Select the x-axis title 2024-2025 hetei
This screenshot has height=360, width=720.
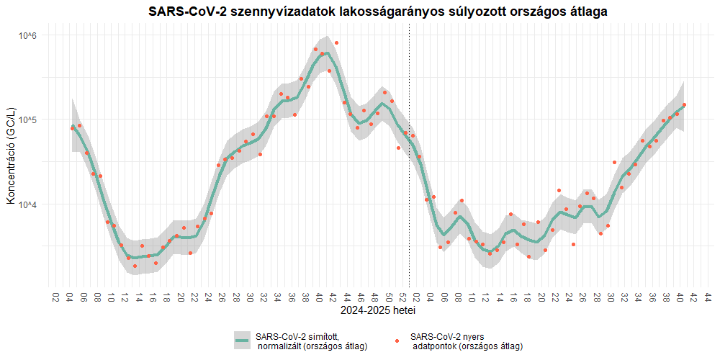tap(378, 312)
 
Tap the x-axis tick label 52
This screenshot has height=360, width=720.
tap(402, 297)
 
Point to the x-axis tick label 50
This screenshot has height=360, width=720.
tap(389, 297)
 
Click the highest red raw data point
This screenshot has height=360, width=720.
tap(336, 43)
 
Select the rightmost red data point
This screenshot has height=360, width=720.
tap(684, 105)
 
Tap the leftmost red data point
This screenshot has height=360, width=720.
tap(73, 128)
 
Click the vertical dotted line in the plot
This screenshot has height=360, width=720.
tap(410, 180)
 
